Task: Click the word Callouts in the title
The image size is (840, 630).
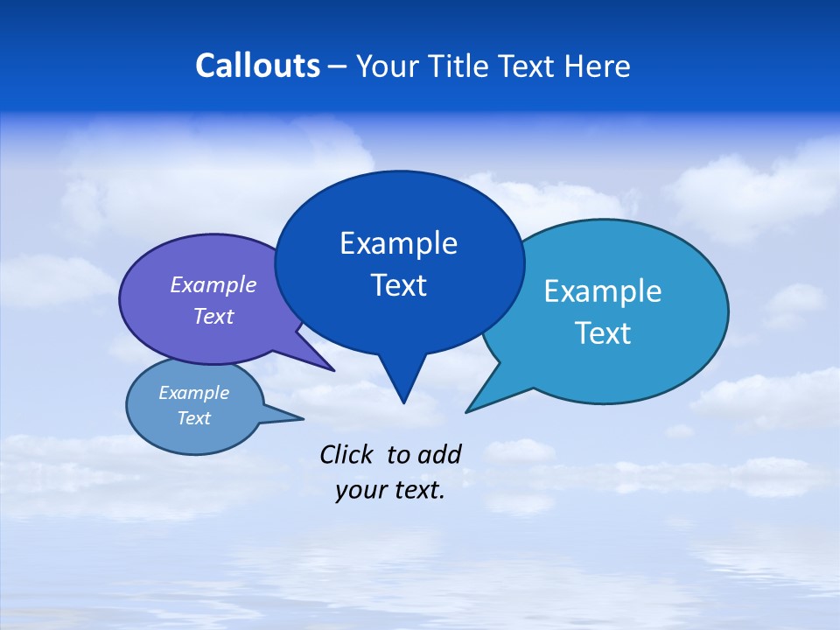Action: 257,66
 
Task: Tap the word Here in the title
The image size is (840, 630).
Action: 598,66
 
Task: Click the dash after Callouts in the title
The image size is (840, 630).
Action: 338,66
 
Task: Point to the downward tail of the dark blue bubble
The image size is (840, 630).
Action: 402,381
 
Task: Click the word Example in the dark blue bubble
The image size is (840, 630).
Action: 398,243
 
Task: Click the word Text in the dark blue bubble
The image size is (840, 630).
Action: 398,285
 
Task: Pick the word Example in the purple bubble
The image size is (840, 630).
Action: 213,285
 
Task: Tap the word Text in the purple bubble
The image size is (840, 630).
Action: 213,316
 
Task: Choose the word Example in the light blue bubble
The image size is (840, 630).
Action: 603,291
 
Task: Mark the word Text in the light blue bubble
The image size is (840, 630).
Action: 603,333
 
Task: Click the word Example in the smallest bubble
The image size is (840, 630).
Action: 193,393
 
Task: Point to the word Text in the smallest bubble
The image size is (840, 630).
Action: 193,418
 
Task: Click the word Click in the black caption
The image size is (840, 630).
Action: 346,454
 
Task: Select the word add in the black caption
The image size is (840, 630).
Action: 439,454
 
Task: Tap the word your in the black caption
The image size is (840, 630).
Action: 359,491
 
